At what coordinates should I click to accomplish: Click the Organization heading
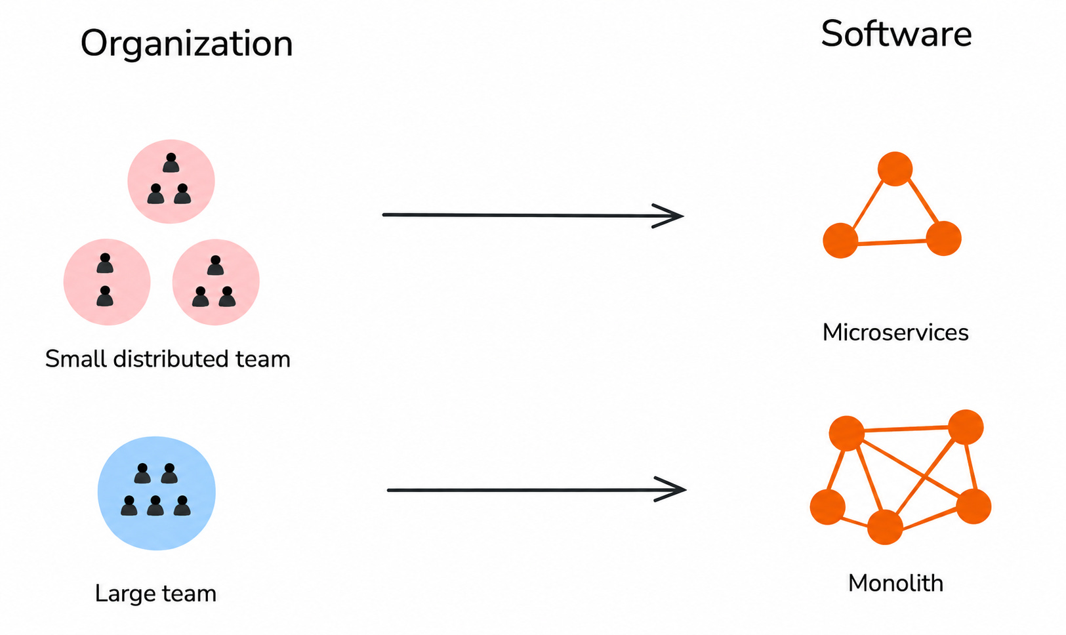pos(186,44)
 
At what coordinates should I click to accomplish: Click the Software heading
pos(896,34)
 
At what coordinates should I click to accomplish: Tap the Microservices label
pos(895,332)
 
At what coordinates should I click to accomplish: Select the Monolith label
pos(895,583)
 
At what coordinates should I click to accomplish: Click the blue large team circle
pos(157,493)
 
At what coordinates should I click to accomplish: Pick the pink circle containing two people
pos(107,282)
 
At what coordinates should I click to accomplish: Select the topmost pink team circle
pos(171,181)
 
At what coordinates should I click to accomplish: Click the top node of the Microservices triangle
pos(895,169)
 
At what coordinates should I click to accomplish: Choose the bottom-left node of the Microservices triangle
pos(840,240)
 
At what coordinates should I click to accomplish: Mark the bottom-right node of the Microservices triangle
pos(944,239)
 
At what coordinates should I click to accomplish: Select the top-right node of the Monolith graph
pos(966,427)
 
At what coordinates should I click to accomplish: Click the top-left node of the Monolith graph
pos(847,433)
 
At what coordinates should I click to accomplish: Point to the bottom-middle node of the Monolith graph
pos(885,527)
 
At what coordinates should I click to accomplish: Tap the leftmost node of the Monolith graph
pos(828,507)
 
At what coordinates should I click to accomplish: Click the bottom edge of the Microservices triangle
pos(892,242)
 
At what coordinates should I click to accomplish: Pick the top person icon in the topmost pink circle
pos(171,163)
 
